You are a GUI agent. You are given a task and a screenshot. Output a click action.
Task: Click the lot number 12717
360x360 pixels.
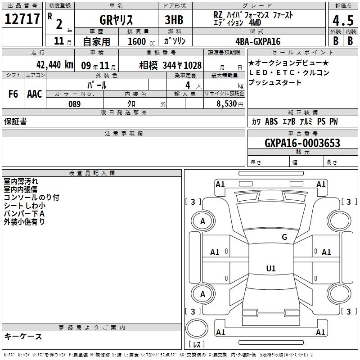[x=22, y=19]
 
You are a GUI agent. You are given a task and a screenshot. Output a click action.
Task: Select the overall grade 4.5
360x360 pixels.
[x=343, y=21]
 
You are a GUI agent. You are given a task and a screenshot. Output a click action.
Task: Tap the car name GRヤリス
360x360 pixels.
[x=116, y=20]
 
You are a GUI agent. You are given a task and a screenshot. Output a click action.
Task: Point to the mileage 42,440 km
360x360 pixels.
[x=54, y=65]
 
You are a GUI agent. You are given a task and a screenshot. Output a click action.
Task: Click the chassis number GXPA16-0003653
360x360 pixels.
[x=302, y=143]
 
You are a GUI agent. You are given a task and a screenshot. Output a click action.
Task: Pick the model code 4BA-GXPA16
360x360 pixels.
[x=258, y=41]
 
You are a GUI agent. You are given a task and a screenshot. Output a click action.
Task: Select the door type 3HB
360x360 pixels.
[x=174, y=20]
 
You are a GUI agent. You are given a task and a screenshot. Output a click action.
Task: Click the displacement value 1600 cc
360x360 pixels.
[x=141, y=41]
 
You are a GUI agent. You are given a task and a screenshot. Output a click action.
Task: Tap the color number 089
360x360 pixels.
[x=75, y=104]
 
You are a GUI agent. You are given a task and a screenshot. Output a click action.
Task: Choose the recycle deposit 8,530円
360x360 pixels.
[x=230, y=104]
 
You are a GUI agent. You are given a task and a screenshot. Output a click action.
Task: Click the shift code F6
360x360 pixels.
[x=13, y=94]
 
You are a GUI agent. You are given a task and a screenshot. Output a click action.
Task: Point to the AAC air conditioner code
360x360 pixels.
[x=35, y=94]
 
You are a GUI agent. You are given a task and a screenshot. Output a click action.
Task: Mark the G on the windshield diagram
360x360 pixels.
[x=284, y=237]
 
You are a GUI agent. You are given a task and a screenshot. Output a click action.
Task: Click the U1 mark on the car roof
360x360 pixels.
[x=271, y=268]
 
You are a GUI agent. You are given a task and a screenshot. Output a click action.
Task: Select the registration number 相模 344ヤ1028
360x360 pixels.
[x=171, y=65]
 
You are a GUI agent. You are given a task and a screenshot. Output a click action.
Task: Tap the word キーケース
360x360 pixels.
[x=23, y=337]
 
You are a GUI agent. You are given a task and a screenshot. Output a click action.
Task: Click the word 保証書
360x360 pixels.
[x=15, y=121]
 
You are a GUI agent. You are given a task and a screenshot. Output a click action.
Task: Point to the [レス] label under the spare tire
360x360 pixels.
[x=197, y=344]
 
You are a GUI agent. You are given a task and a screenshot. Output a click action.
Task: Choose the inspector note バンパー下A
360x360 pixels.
[x=24, y=214]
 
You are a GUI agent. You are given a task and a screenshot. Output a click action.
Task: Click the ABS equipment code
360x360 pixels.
[x=271, y=121]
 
